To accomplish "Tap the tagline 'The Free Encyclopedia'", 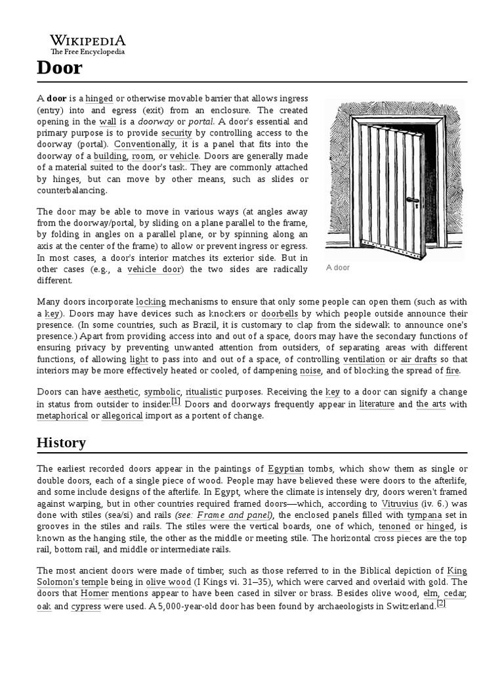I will (88, 51).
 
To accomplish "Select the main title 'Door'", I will (59, 67).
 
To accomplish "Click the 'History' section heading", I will (61, 442).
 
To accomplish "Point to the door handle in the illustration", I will (412, 200).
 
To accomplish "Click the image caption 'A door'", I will (338, 268).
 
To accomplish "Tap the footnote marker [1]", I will (176, 401).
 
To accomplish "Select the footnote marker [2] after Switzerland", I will (441, 604).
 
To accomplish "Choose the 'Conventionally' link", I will (145, 145).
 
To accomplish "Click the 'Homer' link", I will (95, 593).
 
